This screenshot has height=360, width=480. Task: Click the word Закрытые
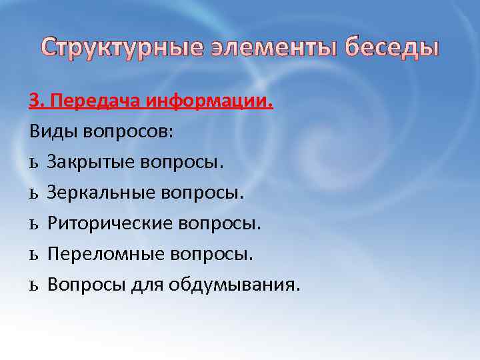89,161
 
